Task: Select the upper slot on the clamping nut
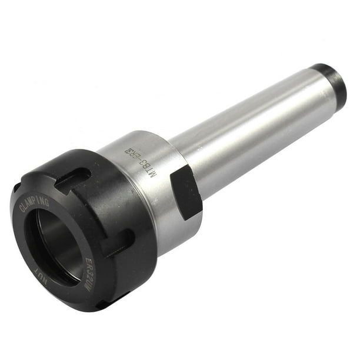tap(74, 180)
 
